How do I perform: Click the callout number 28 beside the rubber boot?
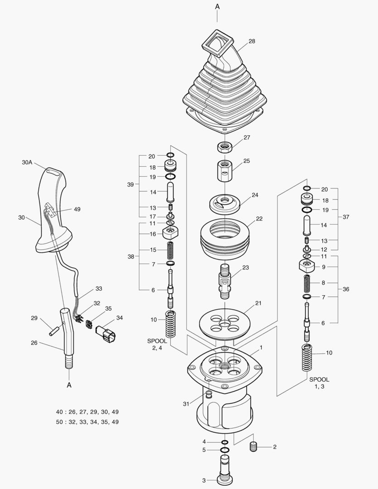(x=252, y=41)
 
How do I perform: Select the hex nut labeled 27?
(x=224, y=147)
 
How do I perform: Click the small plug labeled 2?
(x=254, y=446)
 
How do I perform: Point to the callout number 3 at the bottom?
(x=204, y=480)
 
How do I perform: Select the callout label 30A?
(x=28, y=162)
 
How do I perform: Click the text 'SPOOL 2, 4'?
(x=157, y=344)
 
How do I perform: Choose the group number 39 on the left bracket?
(x=131, y=184)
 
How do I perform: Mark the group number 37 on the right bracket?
(x=346, y=217)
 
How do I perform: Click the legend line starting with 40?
(x=87, y=412)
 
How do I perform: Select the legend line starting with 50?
(x=87, y=422)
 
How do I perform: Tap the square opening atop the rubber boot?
(x=217, y=42)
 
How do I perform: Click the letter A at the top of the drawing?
(x=217, y=6)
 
